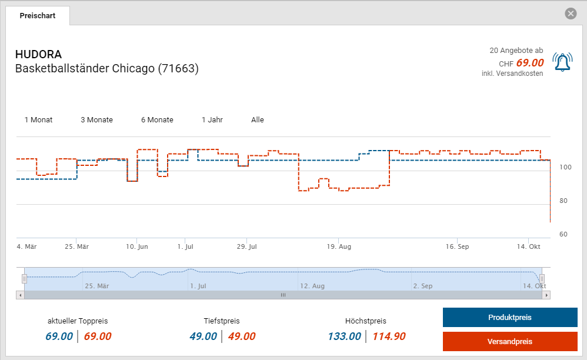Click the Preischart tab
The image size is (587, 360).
[38, 16]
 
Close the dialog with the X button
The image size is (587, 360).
[571, 14]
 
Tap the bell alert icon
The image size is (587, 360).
[562, 62]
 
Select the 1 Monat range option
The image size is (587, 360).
[38, 120]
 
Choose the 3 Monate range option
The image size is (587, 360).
[96, 120]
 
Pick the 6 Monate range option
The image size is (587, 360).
[157, 120]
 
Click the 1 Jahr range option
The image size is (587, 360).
[212, 120]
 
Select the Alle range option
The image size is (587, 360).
[258, 120]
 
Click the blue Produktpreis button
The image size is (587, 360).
[509, 318]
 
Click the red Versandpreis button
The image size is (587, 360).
[509, 342]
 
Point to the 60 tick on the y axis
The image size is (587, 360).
[563, 234]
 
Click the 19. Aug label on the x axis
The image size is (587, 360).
[340, 247]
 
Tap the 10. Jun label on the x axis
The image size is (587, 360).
[137, 247]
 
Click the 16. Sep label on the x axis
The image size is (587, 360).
[457, 247]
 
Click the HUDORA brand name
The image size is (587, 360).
[38, 55]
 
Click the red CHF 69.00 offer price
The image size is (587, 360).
[529, 63]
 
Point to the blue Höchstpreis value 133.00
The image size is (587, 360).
[345, 336]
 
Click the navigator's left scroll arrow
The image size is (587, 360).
[20, 295]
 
